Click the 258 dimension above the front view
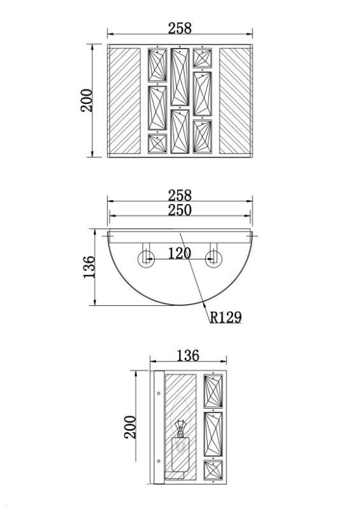pos(180,28)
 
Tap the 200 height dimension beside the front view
pos(87,101)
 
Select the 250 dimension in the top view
pos(180,210)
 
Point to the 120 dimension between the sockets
pos(180,253)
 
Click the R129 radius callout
pos(226,317)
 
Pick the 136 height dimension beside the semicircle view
pos(89,267)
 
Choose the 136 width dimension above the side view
pos(188,356)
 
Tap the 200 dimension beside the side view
pos(131,427)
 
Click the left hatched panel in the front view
pos(124,101)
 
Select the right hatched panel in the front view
pos(235,101)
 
